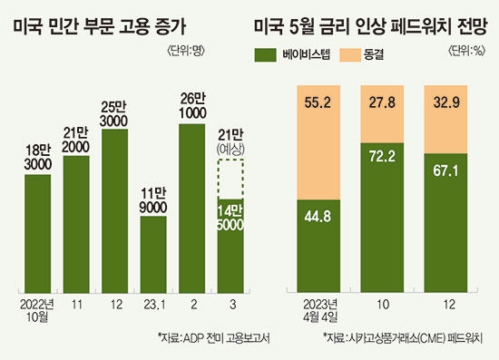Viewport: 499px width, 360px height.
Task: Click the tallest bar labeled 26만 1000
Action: [x=191, y=204]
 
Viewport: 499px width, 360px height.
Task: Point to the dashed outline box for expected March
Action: [x=230, y=179]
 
